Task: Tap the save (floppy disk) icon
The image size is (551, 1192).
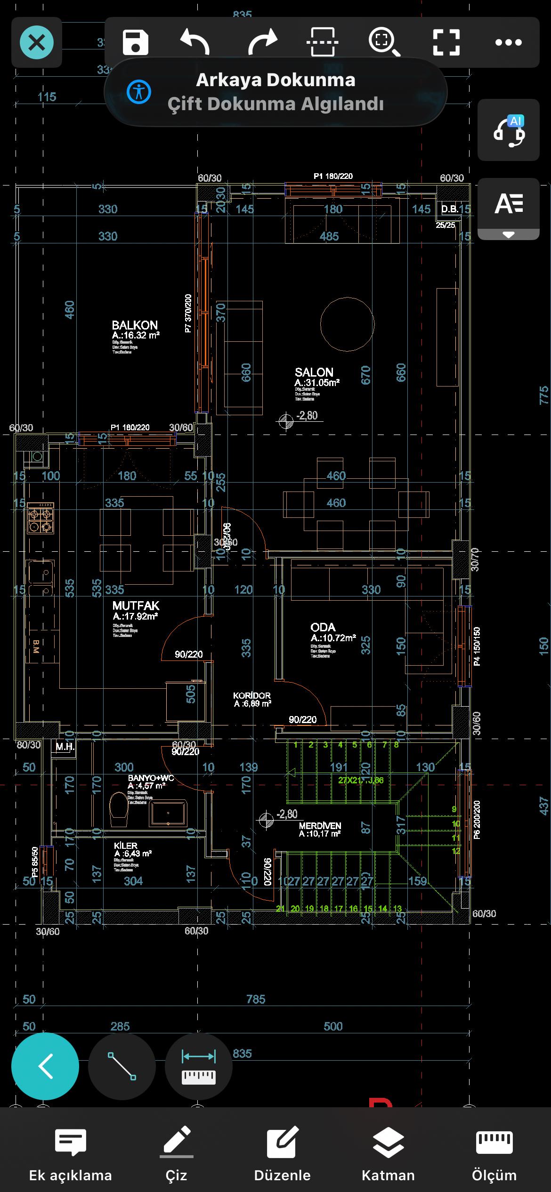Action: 135,42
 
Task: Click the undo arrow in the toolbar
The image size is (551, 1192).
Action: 195,42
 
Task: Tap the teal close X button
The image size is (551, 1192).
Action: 37,43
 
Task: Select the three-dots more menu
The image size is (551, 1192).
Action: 509,42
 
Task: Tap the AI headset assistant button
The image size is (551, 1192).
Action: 509,130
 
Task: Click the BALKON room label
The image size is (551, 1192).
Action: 135,325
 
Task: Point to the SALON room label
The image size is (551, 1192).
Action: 314,372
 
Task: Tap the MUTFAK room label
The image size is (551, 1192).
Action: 136,606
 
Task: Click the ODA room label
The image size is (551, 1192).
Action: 323,628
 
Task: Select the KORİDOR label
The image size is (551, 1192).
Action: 252,695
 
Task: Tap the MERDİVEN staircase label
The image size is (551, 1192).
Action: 320,826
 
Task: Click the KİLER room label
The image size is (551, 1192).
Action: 126,846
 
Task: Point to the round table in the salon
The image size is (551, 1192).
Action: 347,324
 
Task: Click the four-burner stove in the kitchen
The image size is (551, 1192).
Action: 40,517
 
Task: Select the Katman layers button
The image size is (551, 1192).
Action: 388,1154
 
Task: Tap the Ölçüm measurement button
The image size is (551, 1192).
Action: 494,1154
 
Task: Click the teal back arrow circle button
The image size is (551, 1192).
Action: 45,1066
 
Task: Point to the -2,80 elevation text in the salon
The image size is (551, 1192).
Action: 307,416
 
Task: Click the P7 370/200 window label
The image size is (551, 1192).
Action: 188,314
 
